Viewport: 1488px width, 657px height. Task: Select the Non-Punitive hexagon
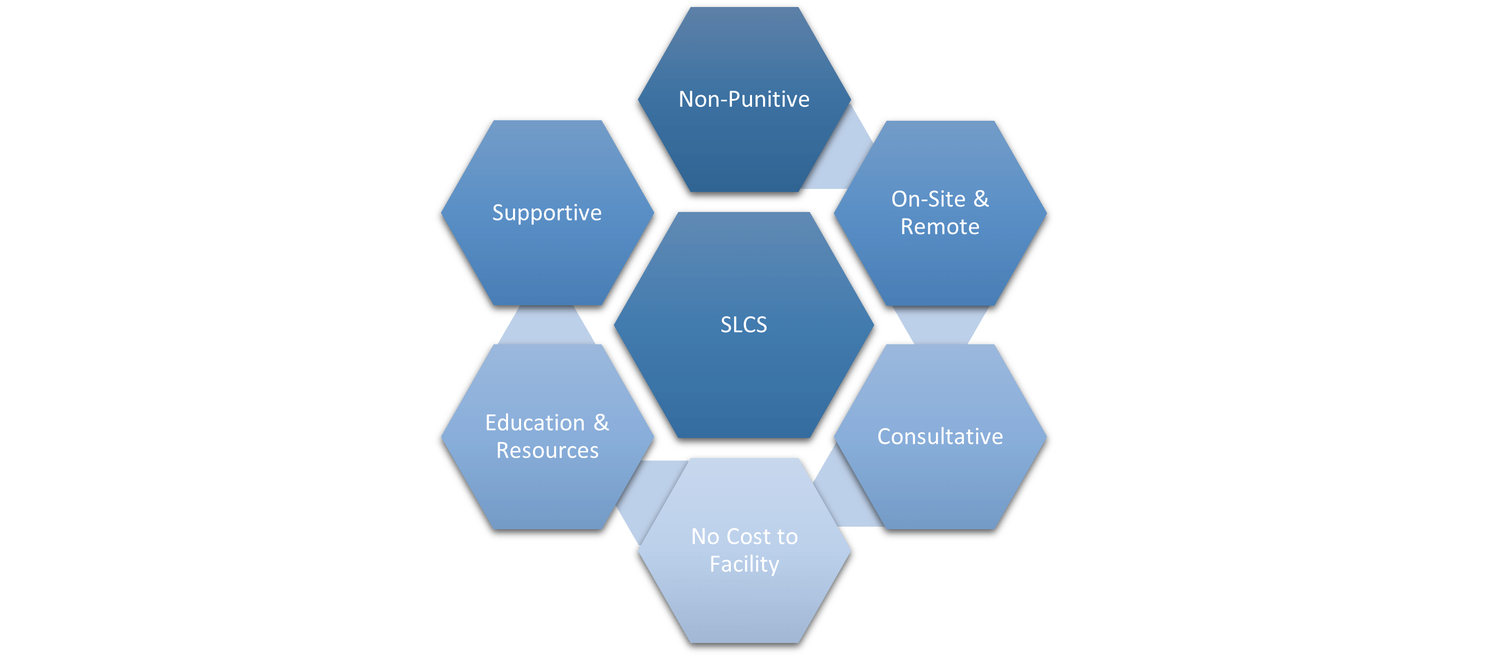[x=744, y=144]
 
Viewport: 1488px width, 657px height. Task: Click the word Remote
[x=940, y=227]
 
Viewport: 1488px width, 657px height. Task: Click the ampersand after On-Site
[x=981, y=199]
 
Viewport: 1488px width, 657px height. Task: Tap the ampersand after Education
[x=601, y=422]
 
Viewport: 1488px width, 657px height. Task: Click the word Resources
[x=547, y=450]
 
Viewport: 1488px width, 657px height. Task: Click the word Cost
[x=748, y=537]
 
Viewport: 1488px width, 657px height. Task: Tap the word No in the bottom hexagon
[x=705, y=537]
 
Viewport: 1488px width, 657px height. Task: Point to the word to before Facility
[x=787, y=537]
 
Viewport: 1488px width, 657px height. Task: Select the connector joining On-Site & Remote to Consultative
[x=940, y=325]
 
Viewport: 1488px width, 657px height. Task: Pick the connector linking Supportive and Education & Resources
[x=547, y=325]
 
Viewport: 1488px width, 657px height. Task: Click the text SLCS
[x=744, y=325]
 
